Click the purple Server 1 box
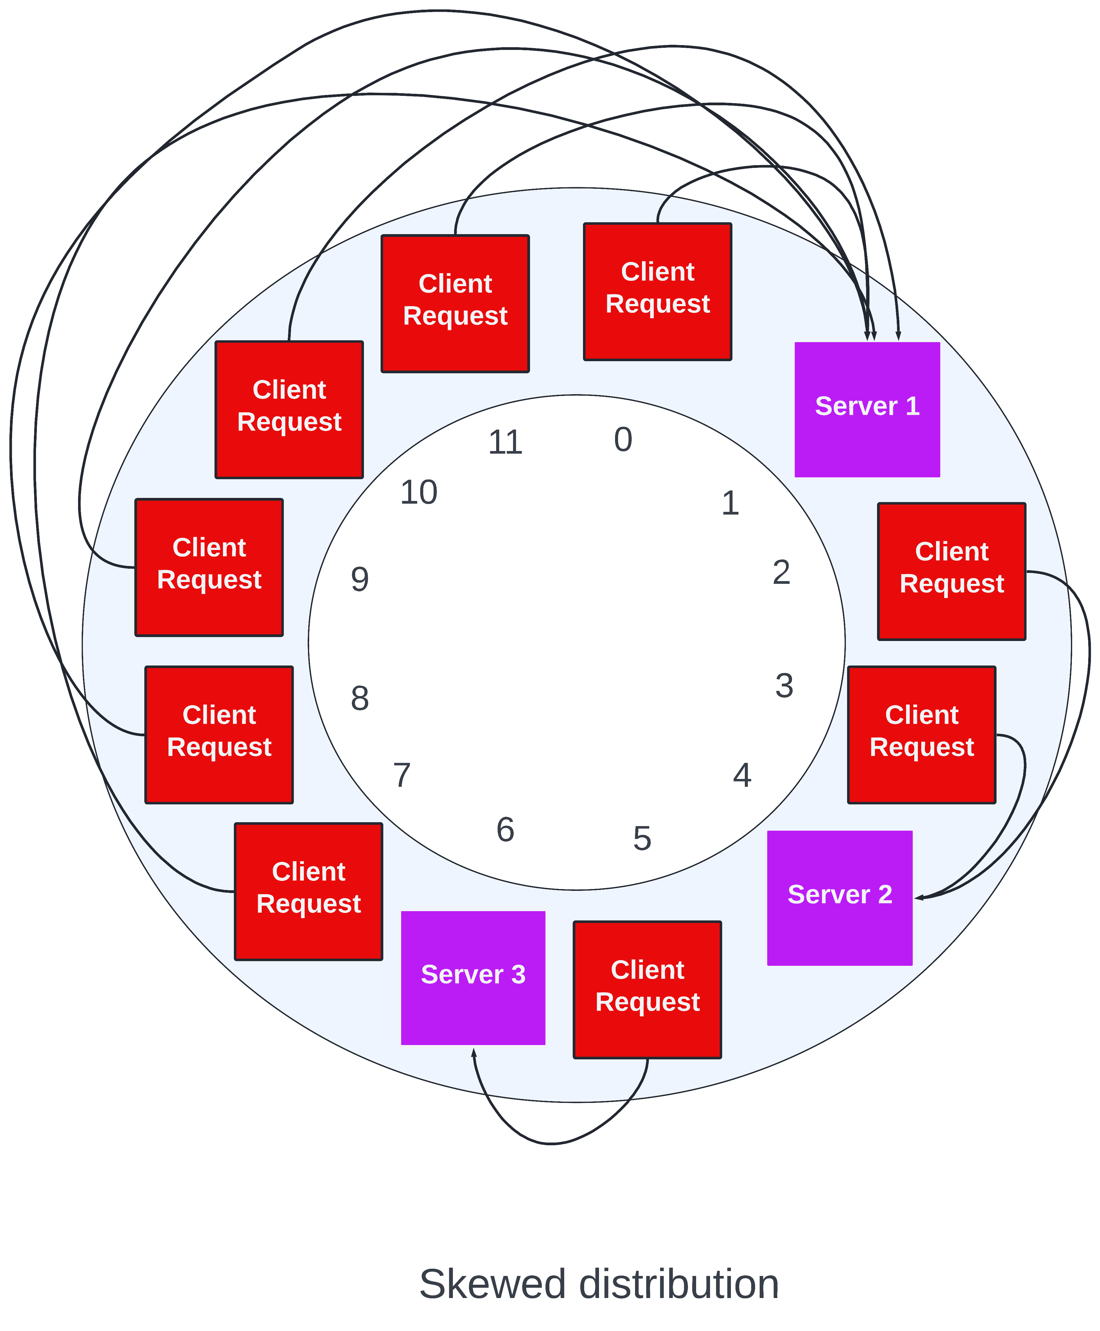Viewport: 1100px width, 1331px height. click(867, 409)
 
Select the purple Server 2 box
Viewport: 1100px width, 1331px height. click(840, 898)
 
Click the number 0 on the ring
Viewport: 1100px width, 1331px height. click(623, 440)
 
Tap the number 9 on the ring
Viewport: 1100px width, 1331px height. click(360, 580)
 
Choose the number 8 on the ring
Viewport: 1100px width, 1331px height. click(360, 699)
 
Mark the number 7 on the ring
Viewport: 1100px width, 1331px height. click(402, 775)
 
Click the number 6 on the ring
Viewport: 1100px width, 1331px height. click(505, 830)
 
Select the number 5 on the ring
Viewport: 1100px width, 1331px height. click(642, 839)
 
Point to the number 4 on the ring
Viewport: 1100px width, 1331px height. click(742, 775)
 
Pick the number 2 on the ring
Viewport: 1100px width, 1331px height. click(781, 573)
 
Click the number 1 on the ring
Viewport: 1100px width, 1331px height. click(730, 504)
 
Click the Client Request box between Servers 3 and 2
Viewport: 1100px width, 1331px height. click(647, 989)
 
